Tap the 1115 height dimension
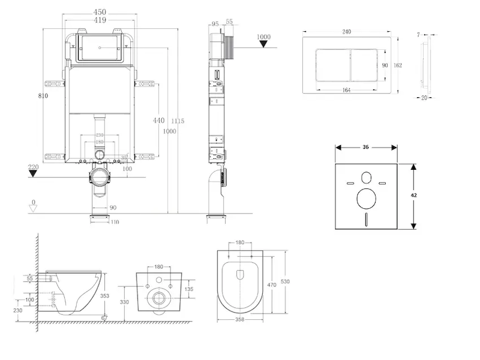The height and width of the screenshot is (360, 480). tap(177, 121)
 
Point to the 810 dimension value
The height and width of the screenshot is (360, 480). tap(42, 95)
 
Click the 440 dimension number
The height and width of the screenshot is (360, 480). tap(158, 121)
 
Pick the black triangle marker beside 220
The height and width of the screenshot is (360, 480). tap(34, 174)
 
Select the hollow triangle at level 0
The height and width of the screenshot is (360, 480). tap(34, 208)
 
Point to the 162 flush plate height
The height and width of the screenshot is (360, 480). tap(397, 65)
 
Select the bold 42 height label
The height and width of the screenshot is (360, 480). tap(413, 195)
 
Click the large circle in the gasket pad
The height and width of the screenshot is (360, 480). tap(365, 197)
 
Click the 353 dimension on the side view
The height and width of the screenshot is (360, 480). tap(104, 296)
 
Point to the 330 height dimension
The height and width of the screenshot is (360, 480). tap(125, 302)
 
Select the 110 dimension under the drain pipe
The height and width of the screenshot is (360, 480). tap(115, 222)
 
